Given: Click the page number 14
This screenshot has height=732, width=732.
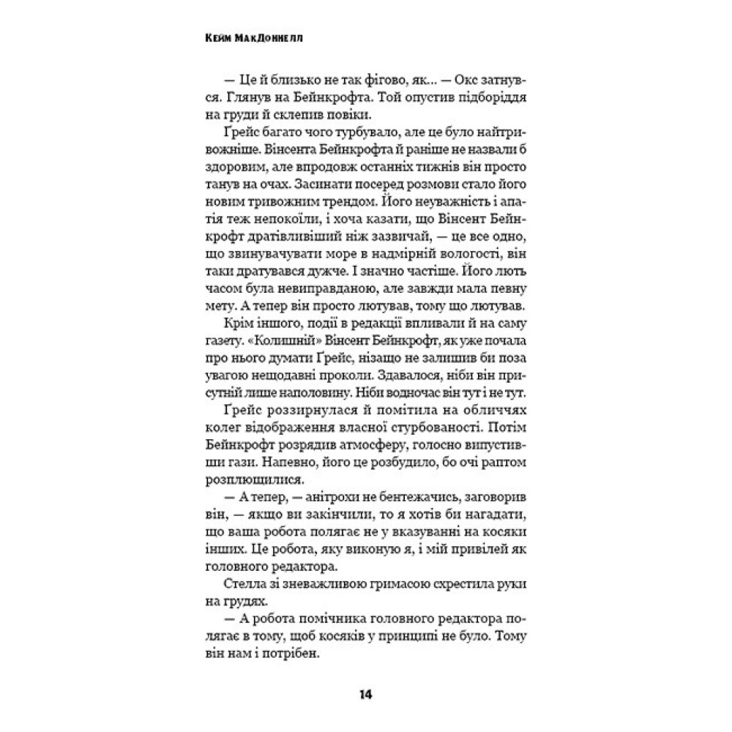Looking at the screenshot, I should point(365,694).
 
